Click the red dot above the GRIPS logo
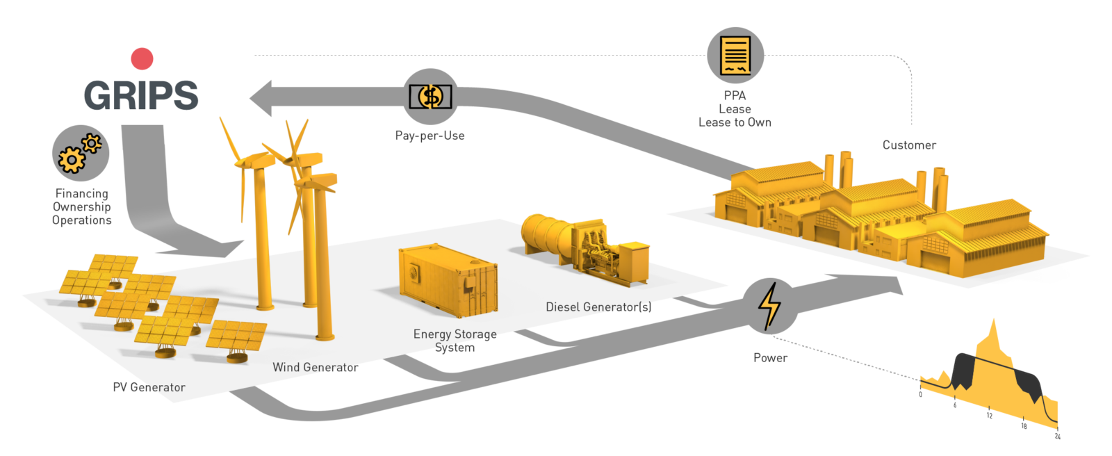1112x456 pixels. (x=142, y=59)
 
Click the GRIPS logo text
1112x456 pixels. (x=141, y=95)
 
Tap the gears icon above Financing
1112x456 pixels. (x=81, y=153)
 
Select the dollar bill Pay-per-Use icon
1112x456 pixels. (x=430, y=97)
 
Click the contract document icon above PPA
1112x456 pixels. (x=735, y=55)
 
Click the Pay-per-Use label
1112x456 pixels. (x=430, y=136)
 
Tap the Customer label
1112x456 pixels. (x=908, y=145)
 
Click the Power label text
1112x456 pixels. (x=770, y=357)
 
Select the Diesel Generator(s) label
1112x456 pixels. (x=598, y=307)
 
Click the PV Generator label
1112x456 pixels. (x=149, y=387)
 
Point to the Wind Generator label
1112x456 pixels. (x=315, y=367)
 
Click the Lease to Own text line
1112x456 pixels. (x=735, y=122)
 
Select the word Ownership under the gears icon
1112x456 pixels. (x=81, y=206)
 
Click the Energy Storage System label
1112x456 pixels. (x=455, y=341)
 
